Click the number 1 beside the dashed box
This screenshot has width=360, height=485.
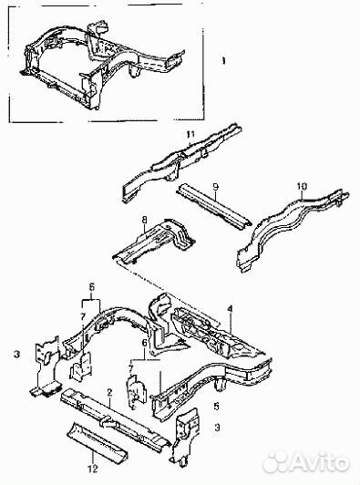(x=223, y=61)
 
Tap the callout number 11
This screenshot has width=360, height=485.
(x=190, y=135)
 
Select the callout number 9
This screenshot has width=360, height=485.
(x=216, y=187)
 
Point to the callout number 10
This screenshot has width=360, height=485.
(x=302, y=186)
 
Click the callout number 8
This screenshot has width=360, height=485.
(x=144, y=220)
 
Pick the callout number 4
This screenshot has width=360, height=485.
(x=230, y=309)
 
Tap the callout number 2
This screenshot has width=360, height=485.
(x=109, y=393)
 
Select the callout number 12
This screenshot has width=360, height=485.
(x=92, y=469)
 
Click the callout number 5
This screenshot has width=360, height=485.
(x=216, y=406)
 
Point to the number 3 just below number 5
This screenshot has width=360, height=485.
(x=217, y=428)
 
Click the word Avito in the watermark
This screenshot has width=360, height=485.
(x=320, y=463)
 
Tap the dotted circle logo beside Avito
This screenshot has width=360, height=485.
(x=277, y=463)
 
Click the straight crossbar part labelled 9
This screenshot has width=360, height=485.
(x=213, y=206)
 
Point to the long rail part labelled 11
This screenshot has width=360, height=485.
(x=181, y=162)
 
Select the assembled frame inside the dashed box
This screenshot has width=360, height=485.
(x=104, y=65)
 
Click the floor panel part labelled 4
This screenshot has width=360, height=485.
(x=217, y=334)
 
